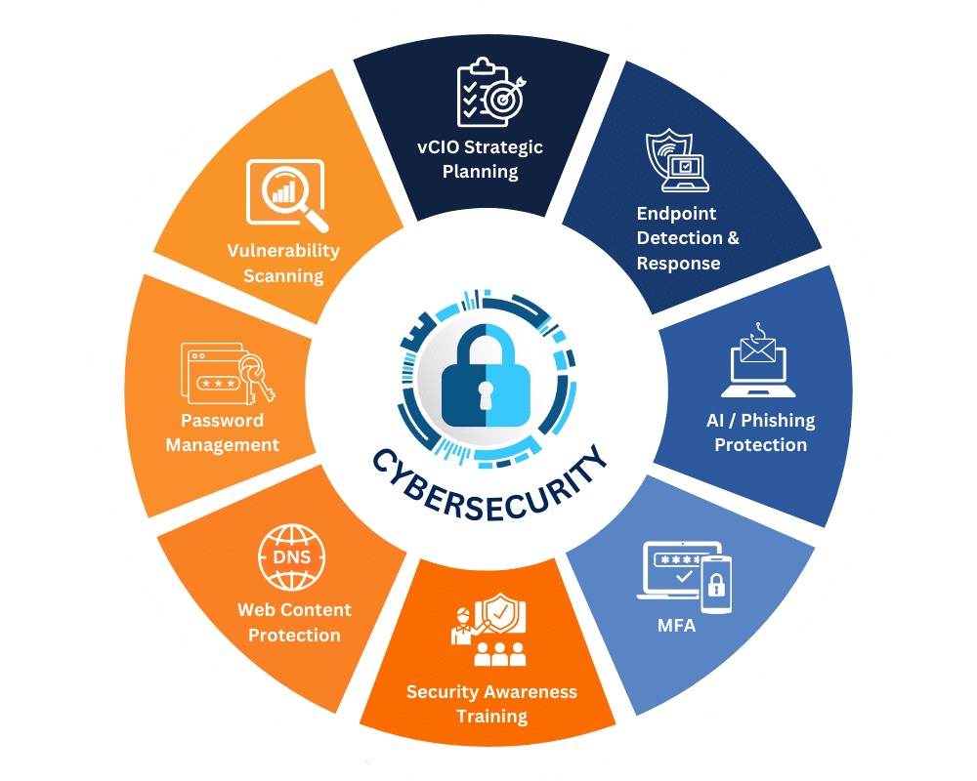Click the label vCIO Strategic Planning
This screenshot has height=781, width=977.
pos(480,159)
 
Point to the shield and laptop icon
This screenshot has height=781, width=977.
pos(677,160)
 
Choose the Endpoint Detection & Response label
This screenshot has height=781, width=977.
pos(688,238)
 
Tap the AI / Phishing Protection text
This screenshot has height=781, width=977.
pos(761,432)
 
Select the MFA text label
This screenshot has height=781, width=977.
pos(677,625)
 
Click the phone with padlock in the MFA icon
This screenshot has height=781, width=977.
pos(716,584)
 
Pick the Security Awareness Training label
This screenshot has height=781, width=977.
pos(491,704)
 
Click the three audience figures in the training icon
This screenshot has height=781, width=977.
pos(499,654)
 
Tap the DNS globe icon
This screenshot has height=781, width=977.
pos(291,556)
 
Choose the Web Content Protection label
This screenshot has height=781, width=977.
pos(294,622)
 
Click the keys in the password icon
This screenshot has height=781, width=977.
pos(255,376)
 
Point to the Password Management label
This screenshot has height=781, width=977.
pos(223,432)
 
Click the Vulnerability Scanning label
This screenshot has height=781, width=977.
pos(283,263)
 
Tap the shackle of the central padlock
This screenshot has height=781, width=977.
pos(486,347)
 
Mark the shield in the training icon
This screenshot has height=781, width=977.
pos(500,612)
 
